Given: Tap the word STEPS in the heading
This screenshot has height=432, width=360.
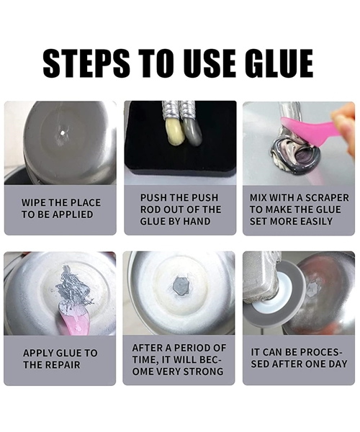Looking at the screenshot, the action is point(86,63).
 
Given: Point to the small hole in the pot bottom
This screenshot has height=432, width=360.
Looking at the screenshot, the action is point(61,132).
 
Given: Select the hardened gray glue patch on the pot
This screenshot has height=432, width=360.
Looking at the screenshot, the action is point(181,287).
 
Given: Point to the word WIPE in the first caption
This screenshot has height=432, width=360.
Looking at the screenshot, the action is point(33,202).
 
